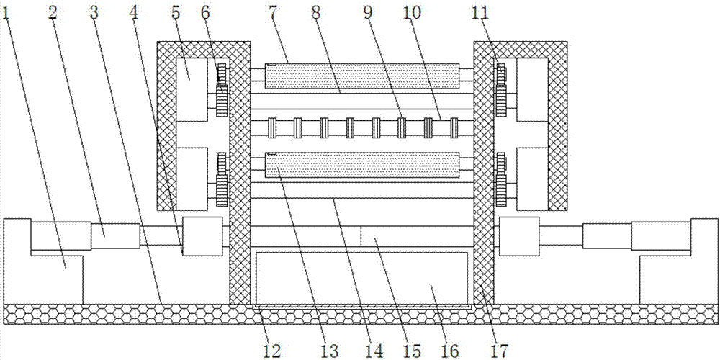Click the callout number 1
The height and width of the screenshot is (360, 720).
pyautogui.click(x=7, y=12)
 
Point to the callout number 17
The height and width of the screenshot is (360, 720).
pyautogui.click(x=500, y=351)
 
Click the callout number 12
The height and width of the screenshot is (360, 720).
pyautogui.click(x=273, y=351)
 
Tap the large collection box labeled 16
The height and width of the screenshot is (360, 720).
pyautogui.click(x=361, y=277)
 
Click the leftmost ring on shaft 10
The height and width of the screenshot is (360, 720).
pyautogui.click(x=272, y=127)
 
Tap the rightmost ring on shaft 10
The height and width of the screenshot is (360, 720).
pyautogui.click(x=454, y=127)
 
